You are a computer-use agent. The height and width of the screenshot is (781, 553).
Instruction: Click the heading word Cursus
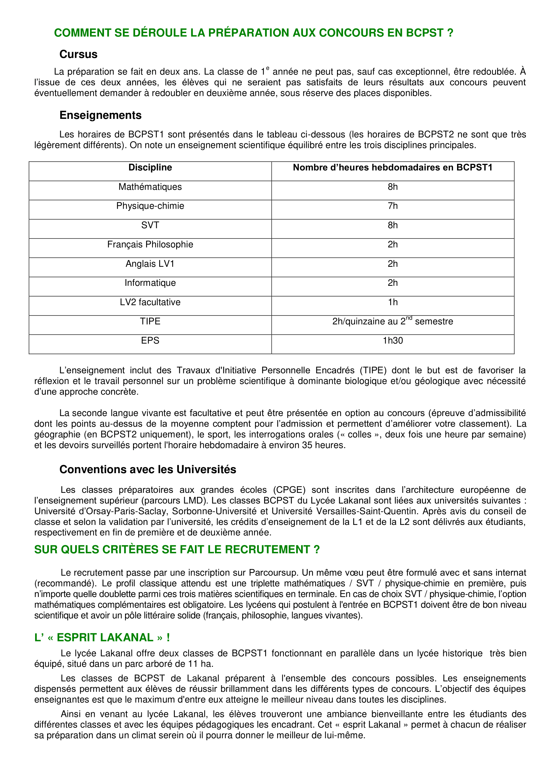pos(78,54)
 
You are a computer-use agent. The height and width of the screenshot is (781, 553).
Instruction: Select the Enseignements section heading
pos(100,115)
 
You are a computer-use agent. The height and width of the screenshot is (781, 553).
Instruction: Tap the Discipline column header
pos(150,167)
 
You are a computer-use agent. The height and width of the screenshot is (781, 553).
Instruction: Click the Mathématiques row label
pos(150,187)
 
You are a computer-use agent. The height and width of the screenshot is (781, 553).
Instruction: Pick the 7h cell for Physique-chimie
pos(393,206)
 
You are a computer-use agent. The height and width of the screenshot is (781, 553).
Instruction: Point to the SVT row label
pos(150,225)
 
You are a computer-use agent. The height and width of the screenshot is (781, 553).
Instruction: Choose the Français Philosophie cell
pos(150,244)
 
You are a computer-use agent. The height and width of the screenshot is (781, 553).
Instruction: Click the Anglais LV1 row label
pos(150,264)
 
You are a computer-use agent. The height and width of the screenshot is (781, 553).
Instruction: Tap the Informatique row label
pos(150,283)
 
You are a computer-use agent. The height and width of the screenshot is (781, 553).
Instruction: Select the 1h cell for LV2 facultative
pos(393,302)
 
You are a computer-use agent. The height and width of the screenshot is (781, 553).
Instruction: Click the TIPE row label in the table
pos(150,321)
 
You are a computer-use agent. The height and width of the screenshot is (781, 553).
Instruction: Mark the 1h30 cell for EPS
pos(393,341)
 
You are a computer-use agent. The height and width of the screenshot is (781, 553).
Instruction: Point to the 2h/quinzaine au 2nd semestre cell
pos(393,321)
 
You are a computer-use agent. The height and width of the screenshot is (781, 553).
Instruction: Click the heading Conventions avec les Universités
pos(148,469)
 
